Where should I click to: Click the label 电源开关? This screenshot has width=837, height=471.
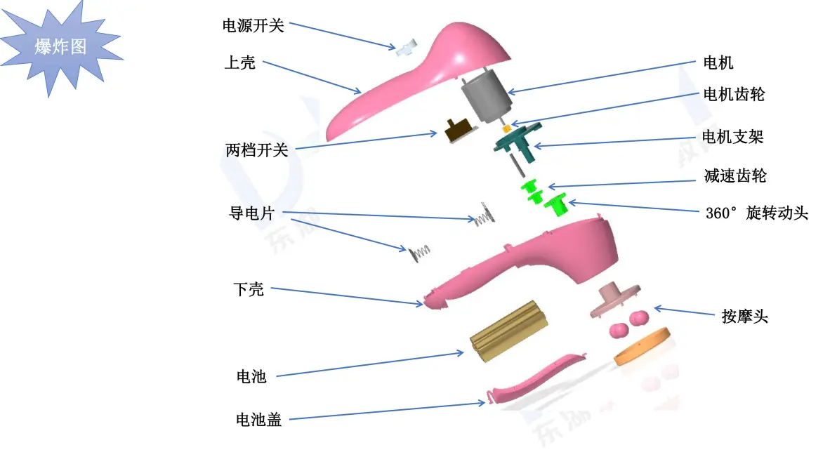(x=253, y=25)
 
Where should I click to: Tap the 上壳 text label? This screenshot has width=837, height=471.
(x=239, y=62)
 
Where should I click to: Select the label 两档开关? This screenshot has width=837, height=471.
(x=257, y=150)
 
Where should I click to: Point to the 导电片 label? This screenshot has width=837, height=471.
(x=251, y=213)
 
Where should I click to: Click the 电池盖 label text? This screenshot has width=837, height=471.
(x=259, y=420)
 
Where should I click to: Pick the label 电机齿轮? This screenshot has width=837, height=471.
(x=734, y=95)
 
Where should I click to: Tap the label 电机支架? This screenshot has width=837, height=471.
(x=732, y=137)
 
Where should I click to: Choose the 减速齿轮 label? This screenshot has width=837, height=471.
(x=735, y=175)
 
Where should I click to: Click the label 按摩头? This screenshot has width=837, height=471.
(x=744, y=317)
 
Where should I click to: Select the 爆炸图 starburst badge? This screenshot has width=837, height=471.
(x=60, y=47)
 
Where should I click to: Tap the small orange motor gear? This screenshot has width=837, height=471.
(x=506, y=128)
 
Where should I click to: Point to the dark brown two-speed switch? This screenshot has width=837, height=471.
(x=459, y=130)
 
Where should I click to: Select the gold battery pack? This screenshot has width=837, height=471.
(x=508, y=331)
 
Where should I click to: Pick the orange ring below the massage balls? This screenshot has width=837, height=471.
(x=642, y=346)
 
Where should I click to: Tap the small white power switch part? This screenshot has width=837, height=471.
(x=407, y=48)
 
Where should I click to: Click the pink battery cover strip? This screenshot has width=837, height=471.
(x=536, y=379)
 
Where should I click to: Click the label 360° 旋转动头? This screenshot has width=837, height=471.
(x=757, y=213)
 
